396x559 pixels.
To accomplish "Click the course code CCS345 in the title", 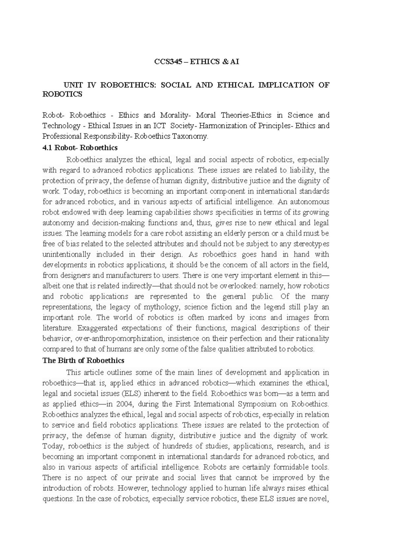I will tap(168, 62).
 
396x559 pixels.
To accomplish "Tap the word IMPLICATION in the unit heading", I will tap(286, 85).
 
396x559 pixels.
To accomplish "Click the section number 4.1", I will tap(48, 147).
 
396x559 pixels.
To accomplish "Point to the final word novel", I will tap(320, 499).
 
